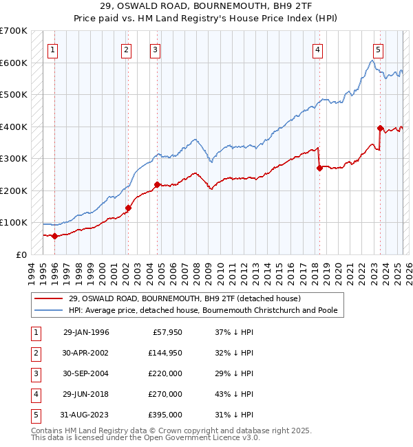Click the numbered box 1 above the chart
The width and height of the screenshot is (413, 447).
pos(53,50)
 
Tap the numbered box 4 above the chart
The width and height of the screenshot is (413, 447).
pos(317,50)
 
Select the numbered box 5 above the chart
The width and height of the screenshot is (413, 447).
pos(378,50)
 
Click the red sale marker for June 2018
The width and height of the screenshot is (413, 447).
pos(319,168)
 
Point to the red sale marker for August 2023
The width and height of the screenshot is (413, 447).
pos(380,128)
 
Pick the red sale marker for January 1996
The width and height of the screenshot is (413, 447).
pos(54,236)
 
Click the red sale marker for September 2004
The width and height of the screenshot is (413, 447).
pos(157,184)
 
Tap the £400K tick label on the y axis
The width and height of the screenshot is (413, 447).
pos(14,127)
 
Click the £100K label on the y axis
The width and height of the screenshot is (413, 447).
pos(14,222)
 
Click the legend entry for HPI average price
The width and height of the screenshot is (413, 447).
pos(202,310)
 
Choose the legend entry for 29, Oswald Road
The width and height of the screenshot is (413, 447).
pos(184,298)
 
